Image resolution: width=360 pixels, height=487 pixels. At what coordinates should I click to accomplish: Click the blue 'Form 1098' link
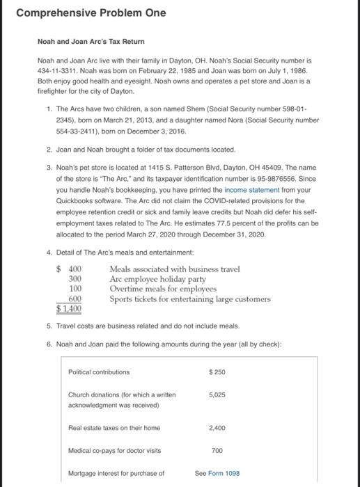tap(223, 473)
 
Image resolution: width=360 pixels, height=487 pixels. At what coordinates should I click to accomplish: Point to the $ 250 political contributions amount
tap(216, 372)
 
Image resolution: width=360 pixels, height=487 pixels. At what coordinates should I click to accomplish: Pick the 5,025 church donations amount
tap(217, 394)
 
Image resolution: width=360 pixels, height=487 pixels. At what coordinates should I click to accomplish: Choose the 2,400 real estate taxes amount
tap(216, 428)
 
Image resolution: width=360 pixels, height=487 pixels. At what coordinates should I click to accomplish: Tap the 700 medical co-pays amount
tap(216, 451)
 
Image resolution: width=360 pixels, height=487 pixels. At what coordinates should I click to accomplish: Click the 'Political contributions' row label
tap(99, 372)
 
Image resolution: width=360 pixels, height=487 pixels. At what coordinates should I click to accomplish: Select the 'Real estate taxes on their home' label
tap(114, 428)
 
